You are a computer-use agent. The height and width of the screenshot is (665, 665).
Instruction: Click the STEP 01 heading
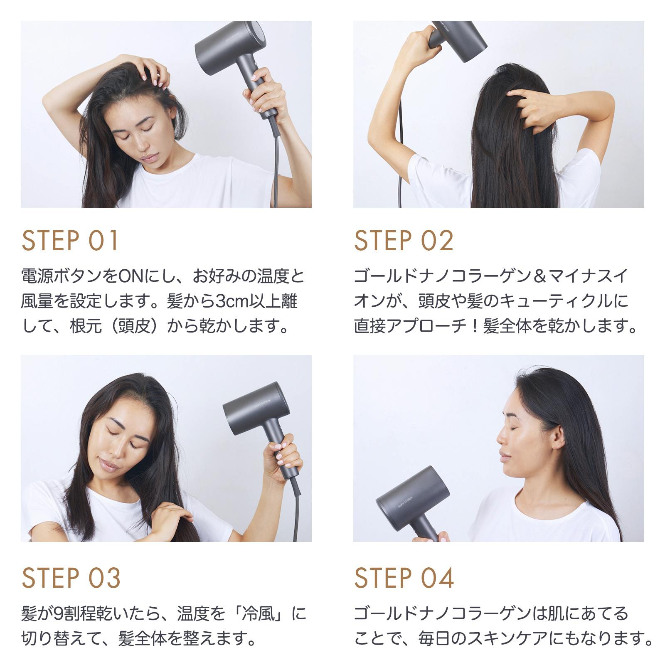tap(70, 241)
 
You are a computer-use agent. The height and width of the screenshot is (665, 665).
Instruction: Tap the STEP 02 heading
tap(404, 241)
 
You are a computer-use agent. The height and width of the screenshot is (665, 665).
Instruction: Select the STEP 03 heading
tap(71, 577)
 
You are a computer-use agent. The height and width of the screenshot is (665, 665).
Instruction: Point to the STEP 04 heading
tap(404, 577)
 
